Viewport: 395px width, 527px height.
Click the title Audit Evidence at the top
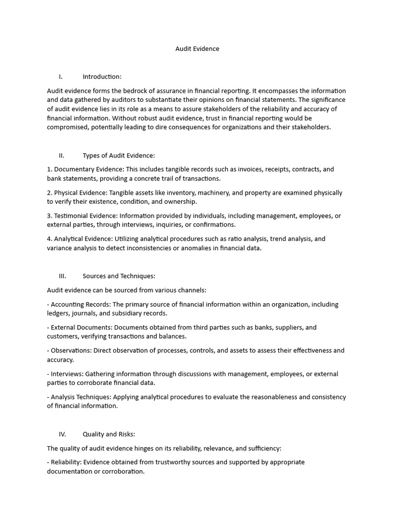[x=197, y=49]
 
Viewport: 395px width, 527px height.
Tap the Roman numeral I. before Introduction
[x=61, y=77]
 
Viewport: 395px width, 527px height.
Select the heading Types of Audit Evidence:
[x=118, y=155]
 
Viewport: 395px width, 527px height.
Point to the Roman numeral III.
[x=62, y=276]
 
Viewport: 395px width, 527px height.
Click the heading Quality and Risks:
[x=109, y=434]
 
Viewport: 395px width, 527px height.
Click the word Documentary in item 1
[x=75, y=169]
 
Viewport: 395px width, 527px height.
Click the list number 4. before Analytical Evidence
[x=49, y=239]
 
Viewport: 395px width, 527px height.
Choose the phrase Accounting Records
[x=77, y=304]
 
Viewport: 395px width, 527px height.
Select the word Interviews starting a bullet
[x=66, y=374]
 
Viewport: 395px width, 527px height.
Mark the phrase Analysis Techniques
[x=80, y=397]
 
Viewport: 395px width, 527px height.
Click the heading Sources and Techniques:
[x=119, y=276]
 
